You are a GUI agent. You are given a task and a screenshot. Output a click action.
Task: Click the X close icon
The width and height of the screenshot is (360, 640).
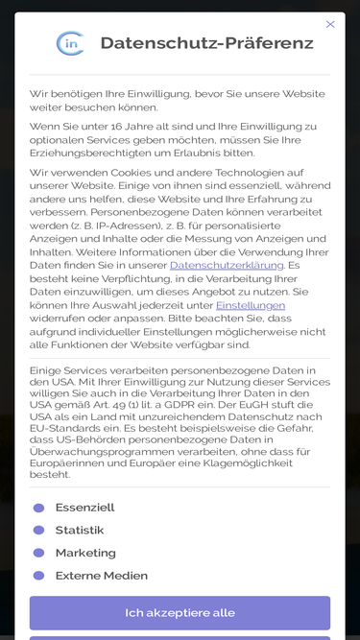point(330,24)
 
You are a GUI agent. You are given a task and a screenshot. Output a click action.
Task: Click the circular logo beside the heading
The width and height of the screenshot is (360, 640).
point(70,43)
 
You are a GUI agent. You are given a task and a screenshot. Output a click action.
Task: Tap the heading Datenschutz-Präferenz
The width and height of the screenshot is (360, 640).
point(206,43)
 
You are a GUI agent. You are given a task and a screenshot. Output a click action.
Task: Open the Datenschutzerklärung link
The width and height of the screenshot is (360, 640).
point(227,265)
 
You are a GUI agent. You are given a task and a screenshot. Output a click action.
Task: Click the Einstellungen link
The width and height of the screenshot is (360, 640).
point(251,305)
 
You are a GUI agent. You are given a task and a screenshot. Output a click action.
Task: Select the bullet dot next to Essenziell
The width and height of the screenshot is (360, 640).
point(38,508)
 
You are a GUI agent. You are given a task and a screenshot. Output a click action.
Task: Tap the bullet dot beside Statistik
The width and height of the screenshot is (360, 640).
point(38,530)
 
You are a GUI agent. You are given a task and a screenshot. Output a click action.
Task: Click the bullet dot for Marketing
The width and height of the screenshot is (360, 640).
point(38,553)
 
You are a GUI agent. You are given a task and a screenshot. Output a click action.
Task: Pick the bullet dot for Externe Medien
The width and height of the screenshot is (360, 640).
point(38,576)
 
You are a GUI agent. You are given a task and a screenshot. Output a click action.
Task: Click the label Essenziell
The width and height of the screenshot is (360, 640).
point(84,508)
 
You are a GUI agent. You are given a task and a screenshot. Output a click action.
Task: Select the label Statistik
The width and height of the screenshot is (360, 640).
point(80,530)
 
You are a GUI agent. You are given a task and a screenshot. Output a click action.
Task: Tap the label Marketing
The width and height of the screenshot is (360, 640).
point(85,553)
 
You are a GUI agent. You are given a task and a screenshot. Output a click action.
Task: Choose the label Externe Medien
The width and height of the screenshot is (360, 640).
point(102,576)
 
